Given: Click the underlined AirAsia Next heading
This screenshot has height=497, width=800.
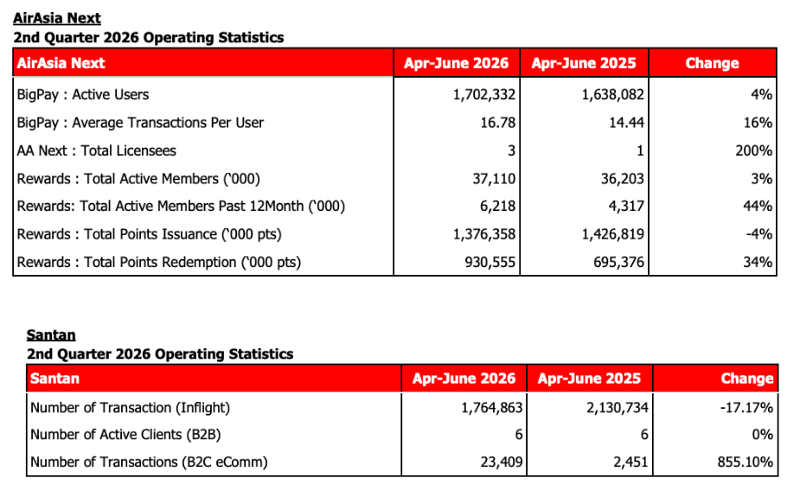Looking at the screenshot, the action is click(56, 18).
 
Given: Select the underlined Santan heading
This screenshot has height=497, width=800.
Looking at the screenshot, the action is click(51, 335).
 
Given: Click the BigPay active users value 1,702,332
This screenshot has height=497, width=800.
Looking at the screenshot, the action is click(484, 95).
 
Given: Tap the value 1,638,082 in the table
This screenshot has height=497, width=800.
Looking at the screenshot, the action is click(612, 95).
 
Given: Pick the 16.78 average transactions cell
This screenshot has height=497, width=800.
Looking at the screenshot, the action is click(498, 123).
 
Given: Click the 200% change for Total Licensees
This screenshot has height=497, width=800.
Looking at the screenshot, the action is click(753, 151).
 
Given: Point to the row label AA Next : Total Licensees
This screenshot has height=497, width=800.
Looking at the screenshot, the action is click(96, 151).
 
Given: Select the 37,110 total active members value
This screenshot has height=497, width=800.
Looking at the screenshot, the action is click(494, 179).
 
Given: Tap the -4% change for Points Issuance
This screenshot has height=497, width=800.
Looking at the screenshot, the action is click(758, 234).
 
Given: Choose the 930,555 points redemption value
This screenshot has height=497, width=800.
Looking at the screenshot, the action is click(490, 262).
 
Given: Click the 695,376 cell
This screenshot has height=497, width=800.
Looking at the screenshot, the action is click(618, 262).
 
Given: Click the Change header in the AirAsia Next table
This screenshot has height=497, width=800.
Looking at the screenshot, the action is click(712, 63).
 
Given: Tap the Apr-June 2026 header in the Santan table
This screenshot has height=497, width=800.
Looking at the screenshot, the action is click(464, 379).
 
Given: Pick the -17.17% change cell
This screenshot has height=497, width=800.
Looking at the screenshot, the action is click(746, 408).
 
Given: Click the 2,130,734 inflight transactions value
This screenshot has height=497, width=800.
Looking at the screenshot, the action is click(618, 408).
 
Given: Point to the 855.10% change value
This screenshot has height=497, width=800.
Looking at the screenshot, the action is click(745, 462).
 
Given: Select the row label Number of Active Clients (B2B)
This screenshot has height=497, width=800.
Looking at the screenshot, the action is click(125, 434).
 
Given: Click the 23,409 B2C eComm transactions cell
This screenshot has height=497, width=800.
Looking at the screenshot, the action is click(502, 462).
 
